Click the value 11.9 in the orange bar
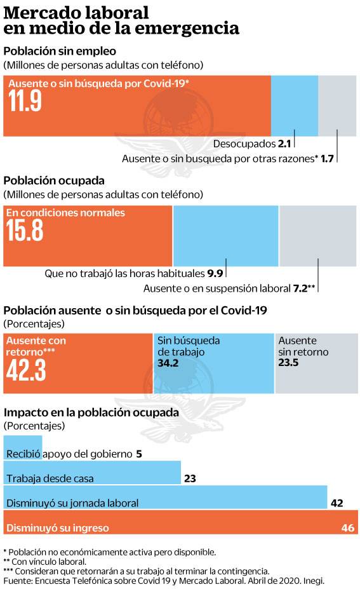click(25, 102)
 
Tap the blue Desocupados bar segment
click(294, 105)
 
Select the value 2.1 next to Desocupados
click(284, 144)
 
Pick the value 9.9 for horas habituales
click(215, 274)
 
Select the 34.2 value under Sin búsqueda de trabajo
click(167, 363)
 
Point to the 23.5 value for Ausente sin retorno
click(288, 363)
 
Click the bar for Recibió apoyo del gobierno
click(23, 447)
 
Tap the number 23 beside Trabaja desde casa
click(189, 478)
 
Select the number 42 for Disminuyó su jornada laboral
click(337, 503)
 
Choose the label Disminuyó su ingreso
click(58, 527)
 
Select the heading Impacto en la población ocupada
click(91, 412)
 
